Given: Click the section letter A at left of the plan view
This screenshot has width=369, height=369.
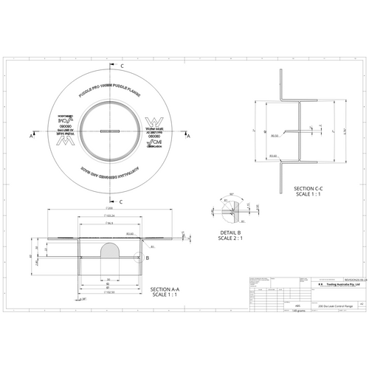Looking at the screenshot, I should (32, 137).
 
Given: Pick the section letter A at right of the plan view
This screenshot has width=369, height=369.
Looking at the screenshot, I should (187, 137).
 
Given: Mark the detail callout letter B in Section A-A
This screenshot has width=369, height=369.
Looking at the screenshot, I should (148, 258).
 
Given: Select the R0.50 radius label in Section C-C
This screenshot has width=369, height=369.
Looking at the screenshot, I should (275, 136).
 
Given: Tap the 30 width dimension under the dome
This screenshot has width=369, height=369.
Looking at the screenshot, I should (108, 280).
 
